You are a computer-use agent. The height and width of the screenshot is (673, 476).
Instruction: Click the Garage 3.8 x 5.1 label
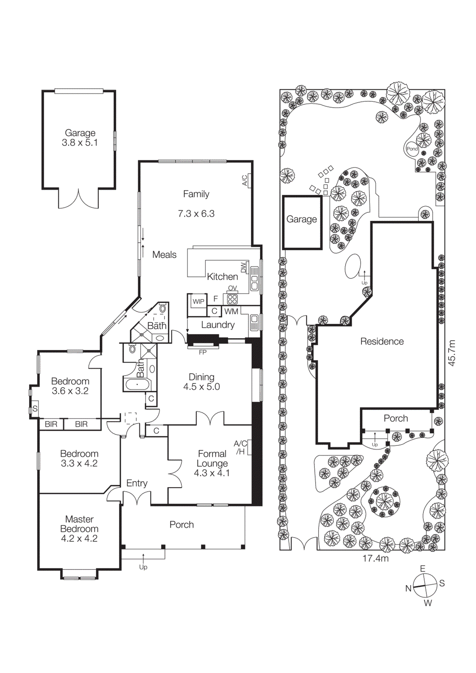coord(80,138)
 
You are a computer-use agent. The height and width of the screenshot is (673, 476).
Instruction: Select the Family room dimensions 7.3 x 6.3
coord(196,214)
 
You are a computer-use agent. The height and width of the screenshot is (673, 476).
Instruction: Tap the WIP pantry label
coord(198,302)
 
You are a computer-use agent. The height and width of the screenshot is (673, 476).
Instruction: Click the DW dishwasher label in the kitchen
coord(244,268)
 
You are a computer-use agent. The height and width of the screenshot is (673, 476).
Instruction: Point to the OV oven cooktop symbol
coord(232,299)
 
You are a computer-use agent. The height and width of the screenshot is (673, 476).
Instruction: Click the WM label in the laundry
coord(231,312)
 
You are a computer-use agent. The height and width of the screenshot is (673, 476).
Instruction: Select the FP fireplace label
coord(202,352)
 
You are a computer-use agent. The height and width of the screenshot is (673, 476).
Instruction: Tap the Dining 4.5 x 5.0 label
coord(202,382)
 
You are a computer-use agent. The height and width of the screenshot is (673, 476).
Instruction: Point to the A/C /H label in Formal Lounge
coord(240,448)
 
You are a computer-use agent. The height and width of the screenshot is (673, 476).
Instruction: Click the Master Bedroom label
coord(79,529)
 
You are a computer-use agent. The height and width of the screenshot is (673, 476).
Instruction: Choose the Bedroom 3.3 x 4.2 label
coord(79,458)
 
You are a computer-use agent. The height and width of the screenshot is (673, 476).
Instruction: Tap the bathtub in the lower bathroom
coord(136,384)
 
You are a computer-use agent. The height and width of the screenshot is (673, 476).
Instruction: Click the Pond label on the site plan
coord(412,149)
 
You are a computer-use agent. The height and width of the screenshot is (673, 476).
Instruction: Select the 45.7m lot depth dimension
coord(452,352)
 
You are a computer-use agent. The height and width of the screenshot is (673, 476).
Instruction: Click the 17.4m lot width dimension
coord(375,558)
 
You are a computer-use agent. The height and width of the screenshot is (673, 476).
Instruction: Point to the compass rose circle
coord(425,585)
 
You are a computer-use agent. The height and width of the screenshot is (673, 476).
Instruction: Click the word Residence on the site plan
coord(382,342)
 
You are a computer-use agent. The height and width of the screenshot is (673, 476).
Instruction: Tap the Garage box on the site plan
coord(302,222)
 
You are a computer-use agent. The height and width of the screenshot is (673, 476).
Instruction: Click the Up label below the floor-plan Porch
coord(143,567)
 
